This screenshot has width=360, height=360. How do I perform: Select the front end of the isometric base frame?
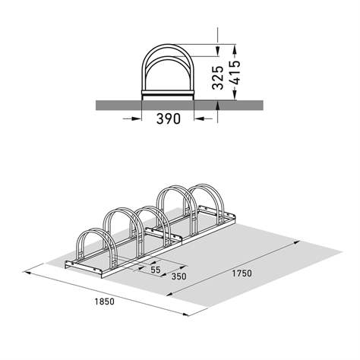coord(68,265)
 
